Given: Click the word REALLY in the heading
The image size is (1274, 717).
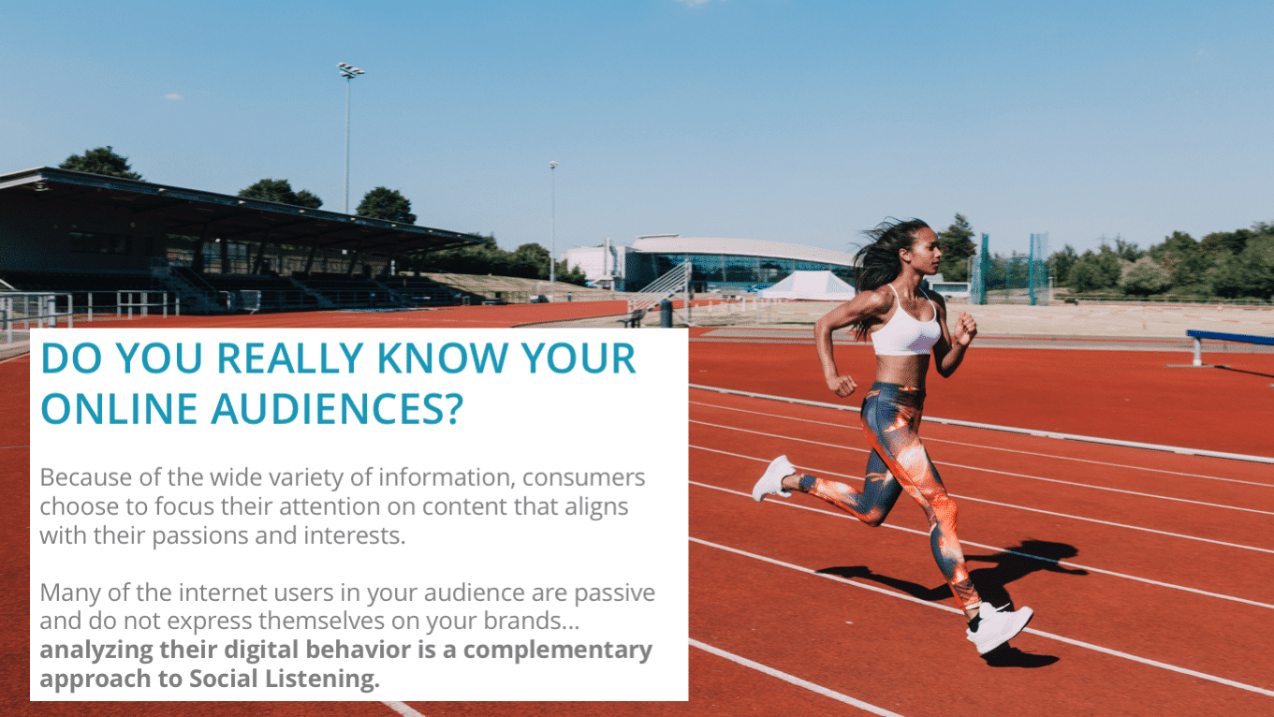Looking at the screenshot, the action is tap(290, 358).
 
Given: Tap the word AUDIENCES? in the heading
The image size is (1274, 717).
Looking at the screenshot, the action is tap(337, 409).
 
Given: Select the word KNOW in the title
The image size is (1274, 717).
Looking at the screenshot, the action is tap(443, 358).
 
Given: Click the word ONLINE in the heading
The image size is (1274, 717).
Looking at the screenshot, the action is tap(119, 409).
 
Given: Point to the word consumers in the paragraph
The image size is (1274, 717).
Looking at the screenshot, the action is tap(583, 477).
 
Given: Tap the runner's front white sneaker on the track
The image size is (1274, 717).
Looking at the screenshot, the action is tap(1000, 628).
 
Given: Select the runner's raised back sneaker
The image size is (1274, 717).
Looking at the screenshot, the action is tap(773, 478).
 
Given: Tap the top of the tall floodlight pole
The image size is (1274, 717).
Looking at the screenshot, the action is tap(350, 70).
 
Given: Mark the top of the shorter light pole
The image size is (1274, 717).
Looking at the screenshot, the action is tap(553, 165).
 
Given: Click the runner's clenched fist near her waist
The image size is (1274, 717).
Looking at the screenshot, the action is tap(842, 385).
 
